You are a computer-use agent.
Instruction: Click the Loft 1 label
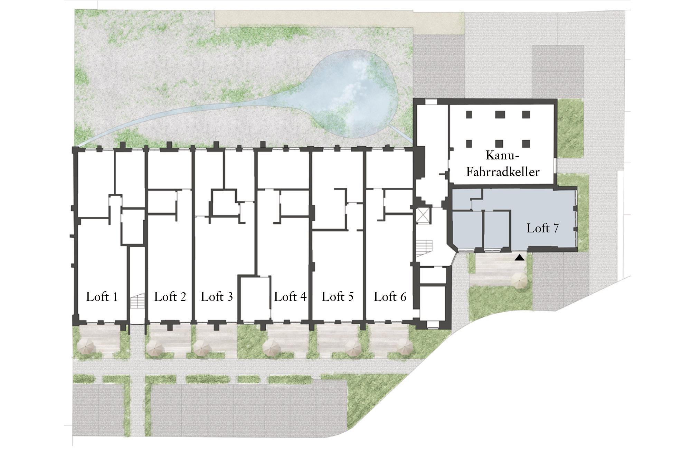(102, 297)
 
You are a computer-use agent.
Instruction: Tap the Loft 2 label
(170, 297)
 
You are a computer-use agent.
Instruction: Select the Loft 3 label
(217, 297)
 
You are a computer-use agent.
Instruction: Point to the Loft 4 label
(290, 297)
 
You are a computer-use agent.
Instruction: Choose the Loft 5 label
(338, 297)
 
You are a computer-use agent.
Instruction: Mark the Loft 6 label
(390, 297)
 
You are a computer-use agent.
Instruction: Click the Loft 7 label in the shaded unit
(542, 228)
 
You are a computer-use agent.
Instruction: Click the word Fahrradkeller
(503, 172)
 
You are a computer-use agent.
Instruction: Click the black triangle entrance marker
(520, 258)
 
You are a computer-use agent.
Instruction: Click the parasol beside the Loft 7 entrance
(520, 280)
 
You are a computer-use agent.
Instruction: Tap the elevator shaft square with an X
(424, 216)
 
